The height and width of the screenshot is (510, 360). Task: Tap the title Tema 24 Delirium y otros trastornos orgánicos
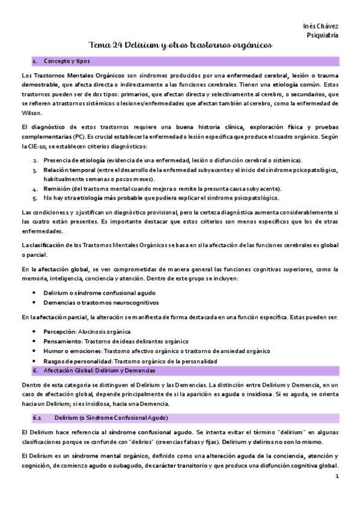tap(180, 46)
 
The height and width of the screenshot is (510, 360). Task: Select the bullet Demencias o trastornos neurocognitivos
tap(100, 302)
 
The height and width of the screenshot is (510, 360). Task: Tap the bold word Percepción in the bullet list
tap(59, 331)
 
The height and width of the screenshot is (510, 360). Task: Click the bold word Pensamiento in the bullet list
tap(62, 341)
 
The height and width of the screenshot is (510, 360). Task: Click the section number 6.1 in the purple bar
tap(37, 417)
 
